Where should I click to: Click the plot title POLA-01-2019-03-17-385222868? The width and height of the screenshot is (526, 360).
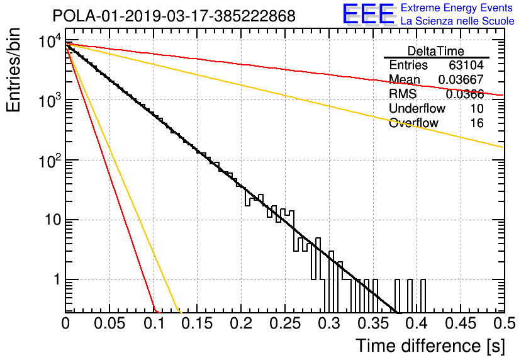pos(174,16)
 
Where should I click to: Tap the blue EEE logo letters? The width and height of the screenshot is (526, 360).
pos(369,14)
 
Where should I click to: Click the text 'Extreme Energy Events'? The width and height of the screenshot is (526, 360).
pos(457,8)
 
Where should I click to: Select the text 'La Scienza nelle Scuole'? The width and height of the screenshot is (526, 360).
pos(457,21)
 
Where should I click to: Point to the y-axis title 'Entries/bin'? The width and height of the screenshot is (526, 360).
pos(14,70)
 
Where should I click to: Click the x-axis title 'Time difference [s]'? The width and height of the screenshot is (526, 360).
pos(430,346)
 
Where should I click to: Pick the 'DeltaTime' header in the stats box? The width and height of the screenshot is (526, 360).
pos(436,51)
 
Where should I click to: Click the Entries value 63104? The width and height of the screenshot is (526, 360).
pos(466,65)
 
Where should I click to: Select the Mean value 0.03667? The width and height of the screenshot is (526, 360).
pos(461,79)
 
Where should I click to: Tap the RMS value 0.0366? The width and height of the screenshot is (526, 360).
pos(465,94)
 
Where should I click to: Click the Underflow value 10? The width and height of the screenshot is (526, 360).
pos(477,108)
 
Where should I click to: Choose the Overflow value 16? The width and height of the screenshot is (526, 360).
pos(477,123)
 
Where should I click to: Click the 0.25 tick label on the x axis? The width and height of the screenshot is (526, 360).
pos(284,323)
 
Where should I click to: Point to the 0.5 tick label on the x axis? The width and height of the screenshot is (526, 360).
pos(504,323)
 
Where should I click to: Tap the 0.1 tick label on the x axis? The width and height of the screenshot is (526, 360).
pos(155,323)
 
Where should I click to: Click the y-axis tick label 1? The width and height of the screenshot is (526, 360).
pos(57,279)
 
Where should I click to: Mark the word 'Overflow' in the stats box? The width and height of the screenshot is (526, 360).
pos(413,123)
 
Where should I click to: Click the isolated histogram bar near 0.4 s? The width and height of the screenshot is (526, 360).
pos(423,296)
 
